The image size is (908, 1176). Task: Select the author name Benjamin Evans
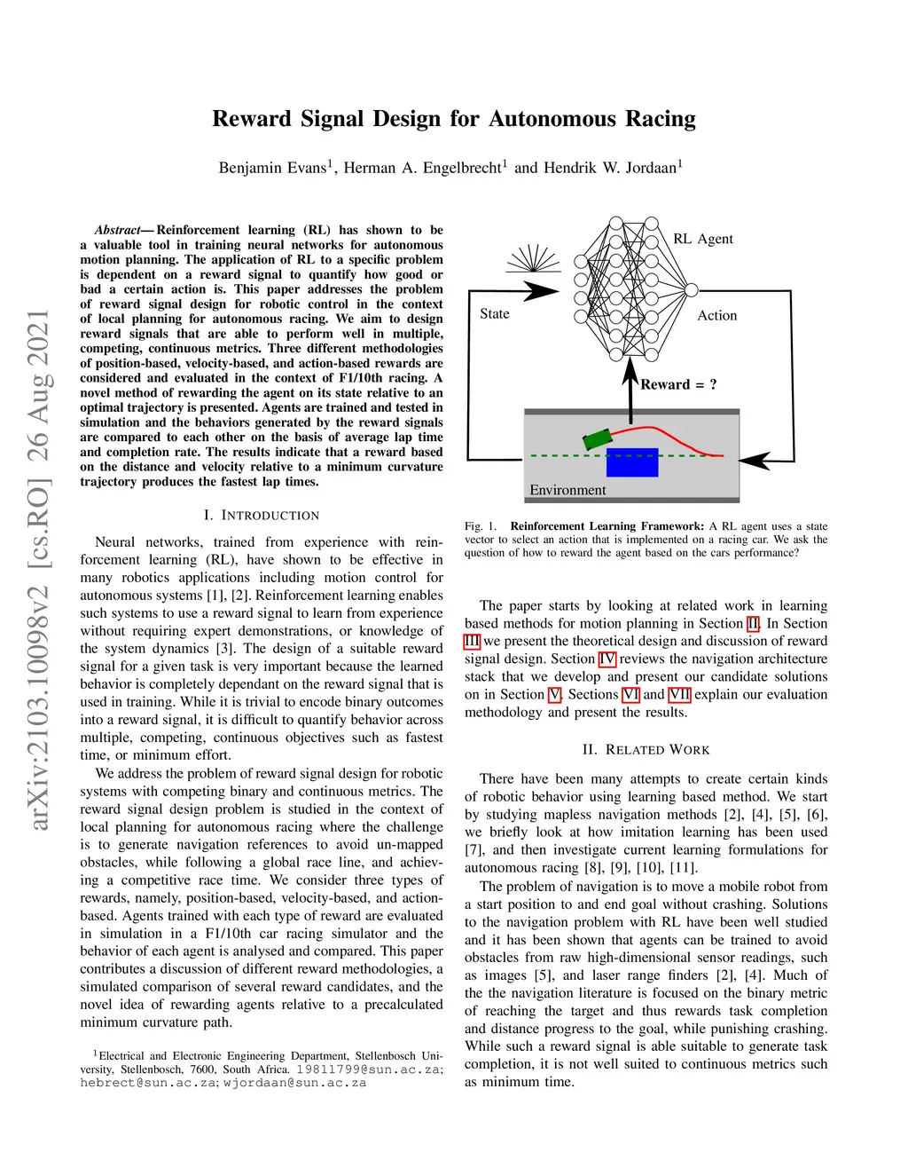pos(272,168)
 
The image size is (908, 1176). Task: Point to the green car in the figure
pos(597,438)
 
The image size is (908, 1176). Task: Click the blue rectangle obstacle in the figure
pos(632,462)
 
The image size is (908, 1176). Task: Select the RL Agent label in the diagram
pos(702,239)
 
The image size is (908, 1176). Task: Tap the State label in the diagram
pos(494,313)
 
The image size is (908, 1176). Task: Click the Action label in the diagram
pos(716,315)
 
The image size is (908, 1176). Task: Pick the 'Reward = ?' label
pos(678,384)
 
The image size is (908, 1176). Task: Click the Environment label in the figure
pos(567,490)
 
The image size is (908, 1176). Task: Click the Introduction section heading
pos(262,515)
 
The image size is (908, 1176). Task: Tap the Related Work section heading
pos(646,750)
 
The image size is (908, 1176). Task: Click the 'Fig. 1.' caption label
pos(481,526)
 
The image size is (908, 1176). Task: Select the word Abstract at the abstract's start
pos(117,230)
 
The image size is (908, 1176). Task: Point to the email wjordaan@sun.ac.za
pos(294,1083)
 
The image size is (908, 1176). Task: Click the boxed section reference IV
pos(607,659)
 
